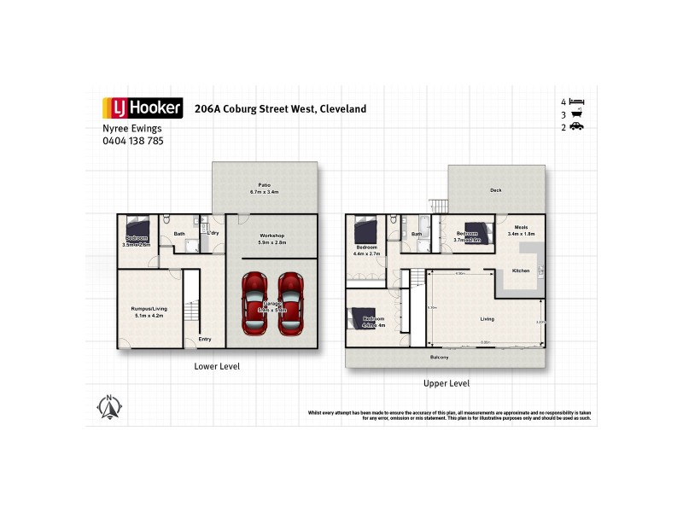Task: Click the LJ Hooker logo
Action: coord(142,108)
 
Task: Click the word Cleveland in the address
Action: coord(343,109)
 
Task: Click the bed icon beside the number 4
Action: coord(576,102)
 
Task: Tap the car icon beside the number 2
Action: coord(576,127)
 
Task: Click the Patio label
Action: coord(265,184)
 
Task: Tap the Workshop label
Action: coord(271,236)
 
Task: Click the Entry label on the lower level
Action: coord(205,339)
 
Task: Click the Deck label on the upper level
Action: coord(495,191)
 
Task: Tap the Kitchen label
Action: coord(521,271)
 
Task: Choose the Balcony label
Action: coord(440,358)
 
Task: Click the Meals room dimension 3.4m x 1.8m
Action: coord(521,233)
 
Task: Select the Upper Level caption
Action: coord(447,383)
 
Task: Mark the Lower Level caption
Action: coord(217,366)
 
